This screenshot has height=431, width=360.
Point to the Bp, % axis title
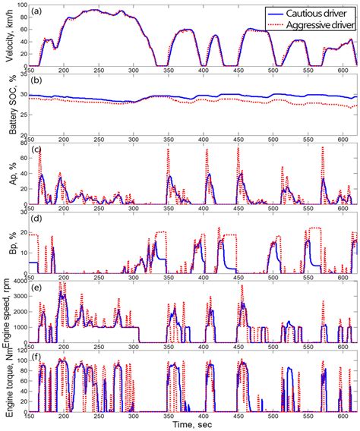click(9, 243)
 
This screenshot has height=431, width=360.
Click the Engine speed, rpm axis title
click(9, 311)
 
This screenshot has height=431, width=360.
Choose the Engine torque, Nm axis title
click(9, 379)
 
